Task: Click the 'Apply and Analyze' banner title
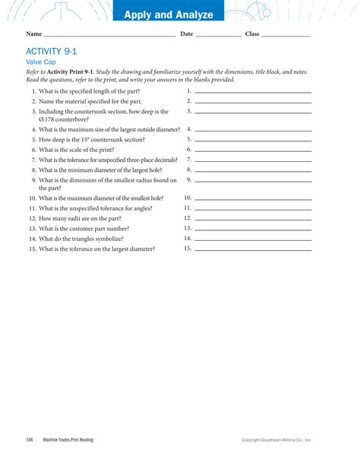(x=169, y=15)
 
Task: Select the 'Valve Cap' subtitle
(x=41, y=62)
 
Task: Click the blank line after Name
(x=109, y=36)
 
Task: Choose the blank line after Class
(x=286, y=36)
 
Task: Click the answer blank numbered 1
(x=253, y=93)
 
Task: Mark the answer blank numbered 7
(x=253, y=162)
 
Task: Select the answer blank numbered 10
(x=253, y=199)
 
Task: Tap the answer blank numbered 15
(x=253, y=250)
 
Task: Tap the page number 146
(x=30, y=439)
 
